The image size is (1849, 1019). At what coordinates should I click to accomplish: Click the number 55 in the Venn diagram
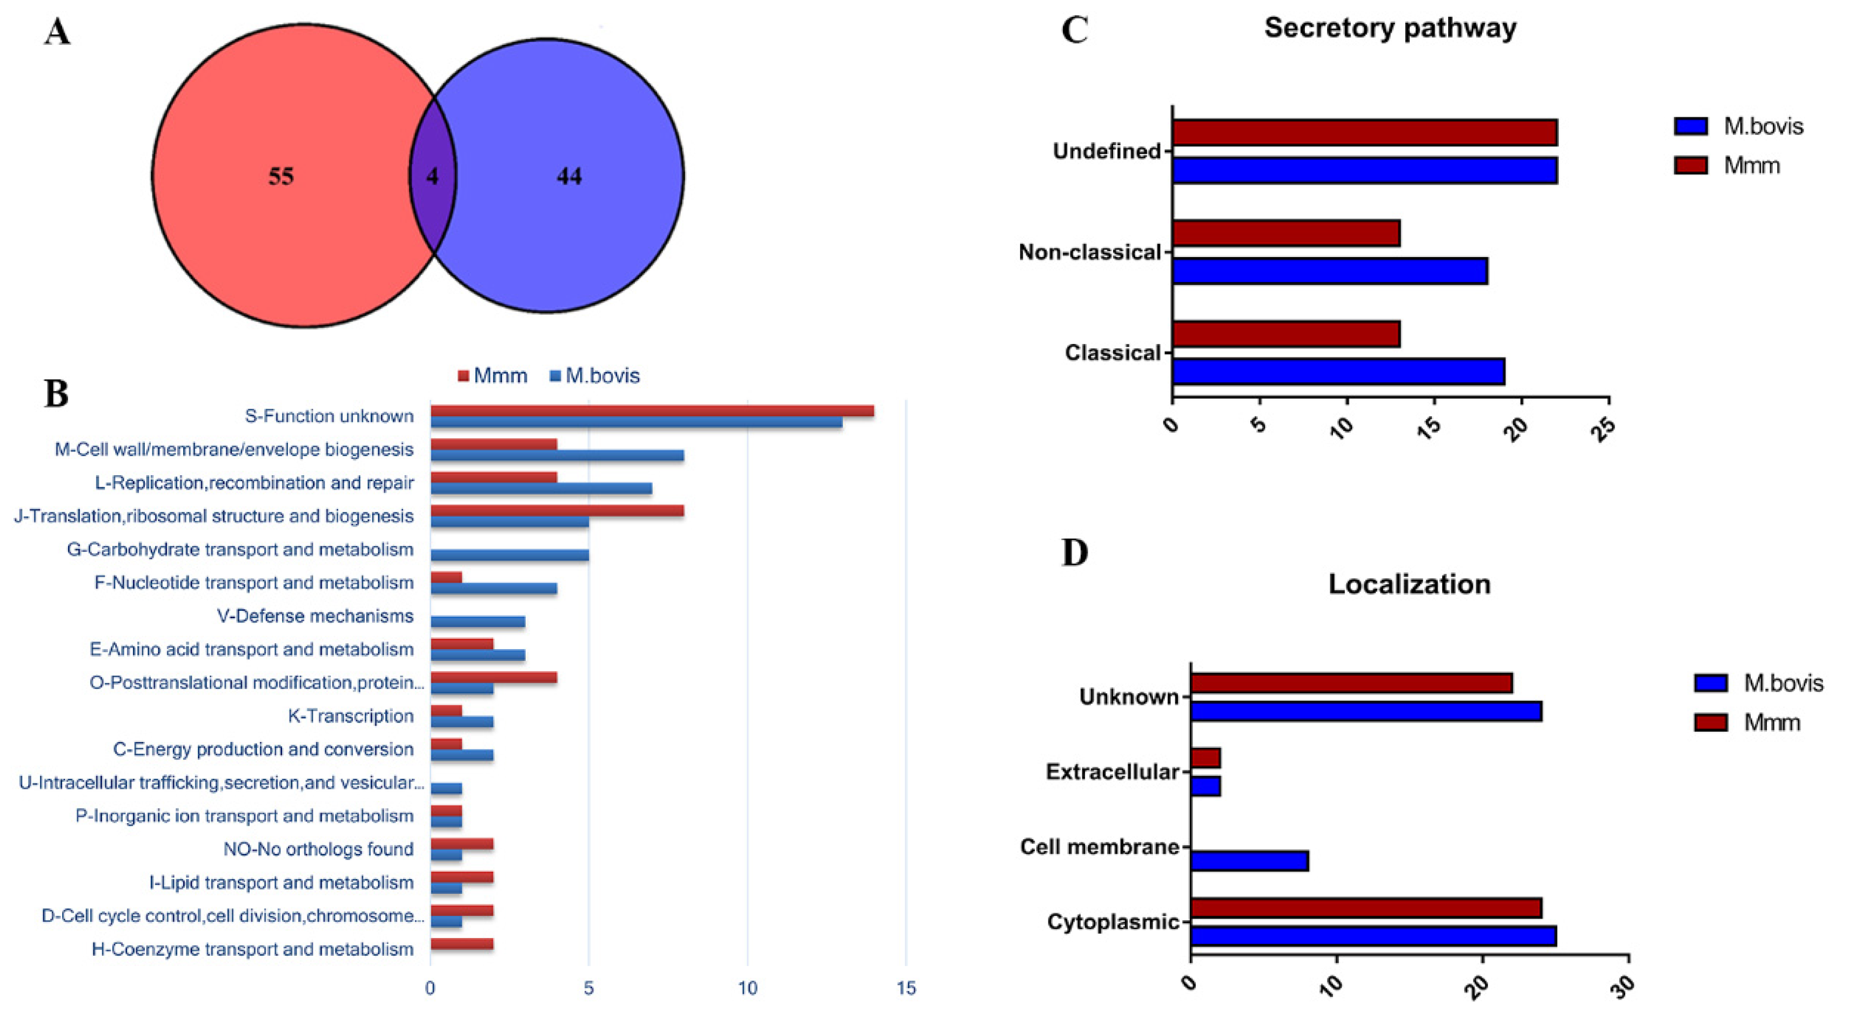(280, 177)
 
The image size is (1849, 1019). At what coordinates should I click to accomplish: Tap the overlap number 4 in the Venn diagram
(432, 177)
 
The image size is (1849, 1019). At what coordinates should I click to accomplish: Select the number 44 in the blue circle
(569, 177)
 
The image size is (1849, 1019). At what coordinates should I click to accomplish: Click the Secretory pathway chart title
(1390, 28)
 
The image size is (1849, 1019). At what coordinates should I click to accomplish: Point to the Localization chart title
(1409, 584)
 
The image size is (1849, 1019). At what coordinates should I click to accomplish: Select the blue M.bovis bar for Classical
(1338, 372)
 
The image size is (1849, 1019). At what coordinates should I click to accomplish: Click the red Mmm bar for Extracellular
(1205, 758)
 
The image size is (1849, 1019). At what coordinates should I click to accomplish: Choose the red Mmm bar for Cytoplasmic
(1365, 908)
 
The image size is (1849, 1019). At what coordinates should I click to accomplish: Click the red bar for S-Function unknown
(652, 410)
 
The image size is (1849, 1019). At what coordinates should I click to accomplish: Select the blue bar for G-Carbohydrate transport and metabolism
(510, 555)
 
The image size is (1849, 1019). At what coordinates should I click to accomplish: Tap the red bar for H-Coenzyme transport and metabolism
(461, 943)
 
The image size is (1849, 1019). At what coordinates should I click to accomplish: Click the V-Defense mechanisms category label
(315, 616)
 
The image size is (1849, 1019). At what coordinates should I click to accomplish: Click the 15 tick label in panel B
(906, 989)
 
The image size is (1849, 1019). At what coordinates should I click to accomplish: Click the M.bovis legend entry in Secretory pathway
(1763, 126)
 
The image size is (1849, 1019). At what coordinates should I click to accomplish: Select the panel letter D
(1075, 552)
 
